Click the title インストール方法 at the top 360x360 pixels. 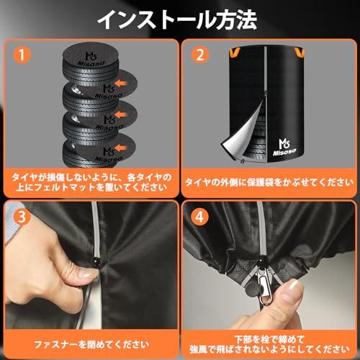pyautogui.click(x=180, y=19)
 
